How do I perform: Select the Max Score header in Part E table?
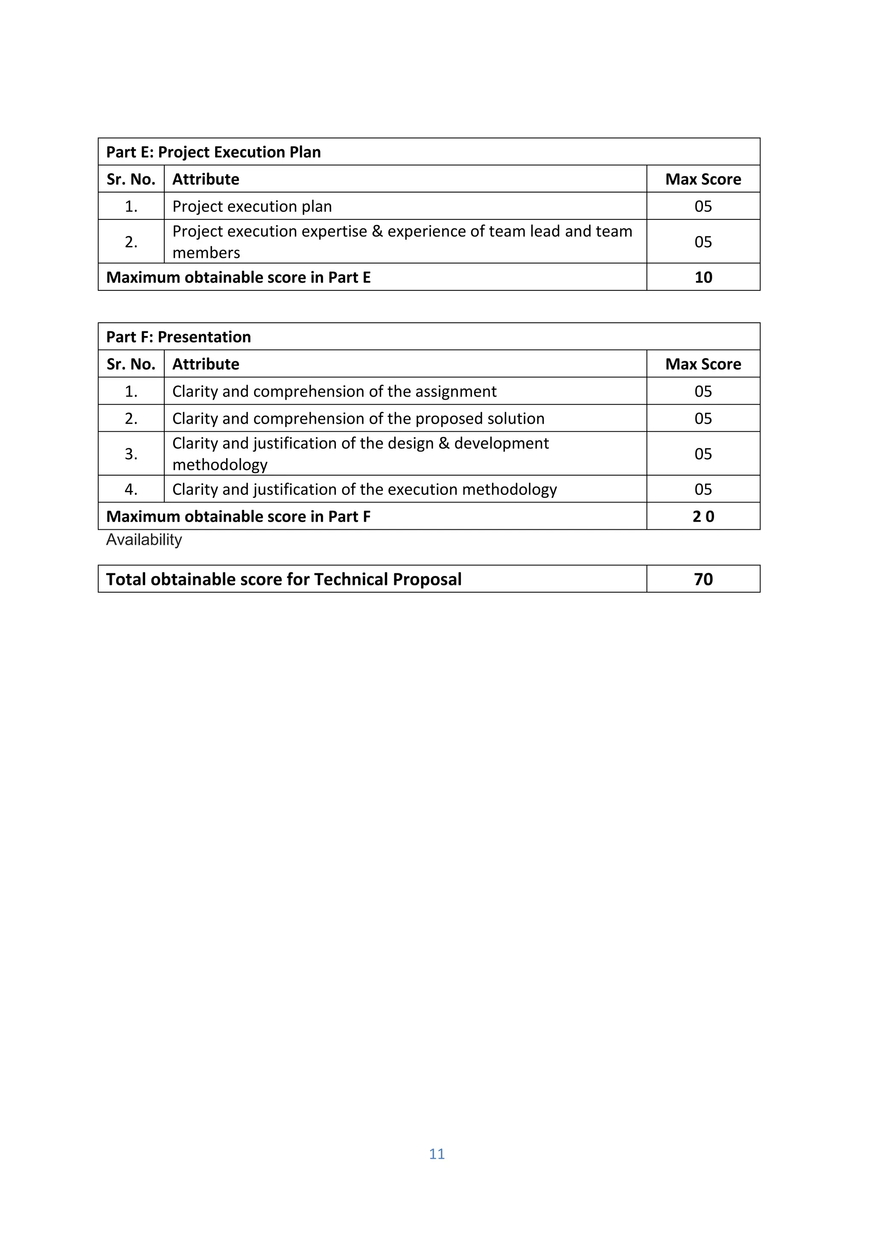pyautogui.click(x=703, y=179)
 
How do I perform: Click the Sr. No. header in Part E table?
pyautogui.click(x=131, y=179)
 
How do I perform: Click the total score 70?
pyautogui.click(x=703, y=579)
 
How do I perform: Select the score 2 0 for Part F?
pyautogui.click(x=703, y=516)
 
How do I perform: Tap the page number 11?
pyautogui.click(x=437, y=1154)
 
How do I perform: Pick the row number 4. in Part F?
pyautogui.click(x=131, y=489)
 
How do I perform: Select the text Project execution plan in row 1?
pyautogui.click(x=252, y=206)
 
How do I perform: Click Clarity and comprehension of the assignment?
pyautogui.click(x=334, y=392)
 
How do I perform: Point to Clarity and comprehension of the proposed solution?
pyautogui.click(x=358, y=418)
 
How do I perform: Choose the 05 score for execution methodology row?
pyautogui.click(x=703, y=489)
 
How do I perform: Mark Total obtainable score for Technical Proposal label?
pyautogui.click(x=284, y=579)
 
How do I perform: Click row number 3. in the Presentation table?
pyautogui.click(x=131, y=454)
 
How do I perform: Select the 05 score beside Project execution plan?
pyautogui.click(x=703, y=206)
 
